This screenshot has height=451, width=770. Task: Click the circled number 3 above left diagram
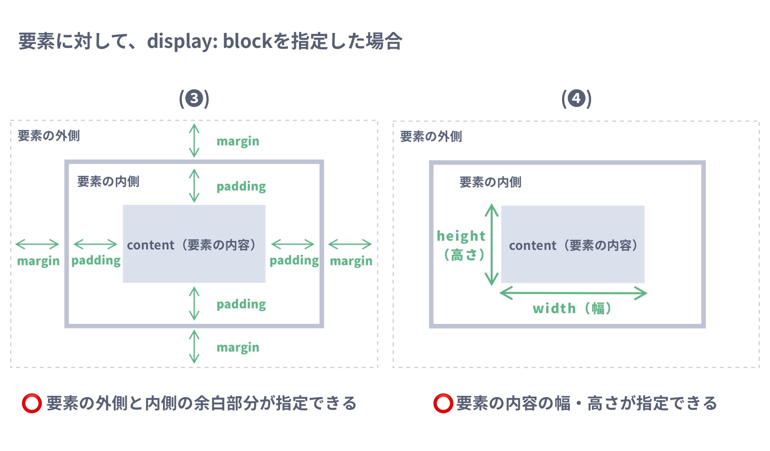[x=194, y=99]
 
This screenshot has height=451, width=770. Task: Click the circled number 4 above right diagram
[x=576, y=99]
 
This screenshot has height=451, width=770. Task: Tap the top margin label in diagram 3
[x=238, y=141]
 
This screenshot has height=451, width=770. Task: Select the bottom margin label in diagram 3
[x=238, y=347]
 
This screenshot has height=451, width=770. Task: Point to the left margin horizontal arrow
[x=37, y=244]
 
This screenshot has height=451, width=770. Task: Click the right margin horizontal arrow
[x=350, y=244]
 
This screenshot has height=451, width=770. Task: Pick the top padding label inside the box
[x=241, y=187]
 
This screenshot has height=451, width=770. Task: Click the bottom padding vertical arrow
[x=194, y=303]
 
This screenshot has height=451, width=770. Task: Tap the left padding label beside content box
[x=96, y=261]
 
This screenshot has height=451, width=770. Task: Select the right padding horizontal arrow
[x=293, y=244]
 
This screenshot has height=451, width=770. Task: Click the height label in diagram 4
[x=461, y=236]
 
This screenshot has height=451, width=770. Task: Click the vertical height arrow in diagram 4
[x=492, y=245]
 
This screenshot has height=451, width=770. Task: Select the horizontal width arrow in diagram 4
[x=573, y=294]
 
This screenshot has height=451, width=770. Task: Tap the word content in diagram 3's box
[x=151, y=245]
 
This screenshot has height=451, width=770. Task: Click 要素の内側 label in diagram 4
[x=490, y=182]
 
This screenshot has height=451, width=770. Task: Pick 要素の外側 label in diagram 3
[x=49, y=136]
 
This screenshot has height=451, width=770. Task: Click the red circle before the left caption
[x=32, y=404]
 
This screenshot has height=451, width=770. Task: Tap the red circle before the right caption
[x=443, y=404]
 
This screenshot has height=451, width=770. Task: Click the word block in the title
[x=247, y=42]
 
